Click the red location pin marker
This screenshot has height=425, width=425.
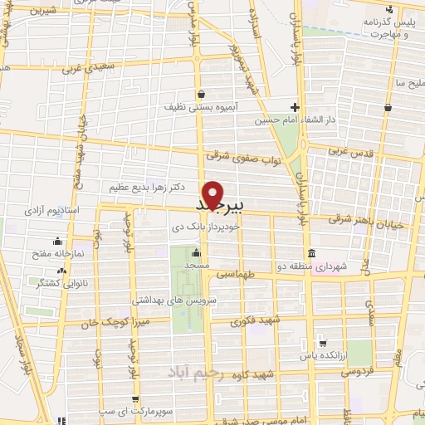[214, 195]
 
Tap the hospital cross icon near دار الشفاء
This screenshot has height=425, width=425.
[295, 106]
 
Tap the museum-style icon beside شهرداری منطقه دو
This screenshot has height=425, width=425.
[310, 252]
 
